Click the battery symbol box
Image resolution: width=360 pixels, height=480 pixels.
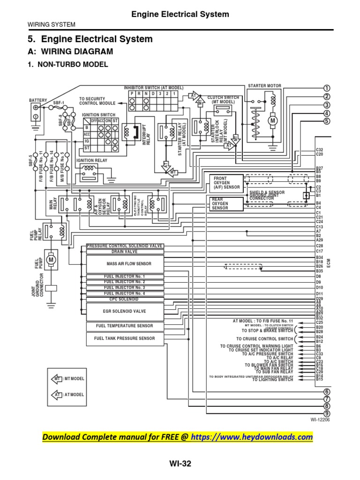(35, 109)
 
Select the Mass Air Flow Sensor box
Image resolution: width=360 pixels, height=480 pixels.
(125, 264)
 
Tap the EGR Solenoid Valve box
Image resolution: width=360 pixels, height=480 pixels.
(125, 311)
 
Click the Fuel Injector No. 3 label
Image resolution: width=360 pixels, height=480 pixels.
(125, 287)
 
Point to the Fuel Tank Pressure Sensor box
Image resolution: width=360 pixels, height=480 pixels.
(125, 338)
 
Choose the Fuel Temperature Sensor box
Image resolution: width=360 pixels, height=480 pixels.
(125, 326)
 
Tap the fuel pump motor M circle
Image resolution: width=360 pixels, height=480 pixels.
(52, 259)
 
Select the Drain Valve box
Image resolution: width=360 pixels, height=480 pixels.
(125, 252)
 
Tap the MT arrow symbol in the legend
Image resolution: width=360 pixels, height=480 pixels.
(56, 378)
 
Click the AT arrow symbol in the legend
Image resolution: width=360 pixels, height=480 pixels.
(56, 395)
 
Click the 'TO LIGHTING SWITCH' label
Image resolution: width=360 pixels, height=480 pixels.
(272, 380)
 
